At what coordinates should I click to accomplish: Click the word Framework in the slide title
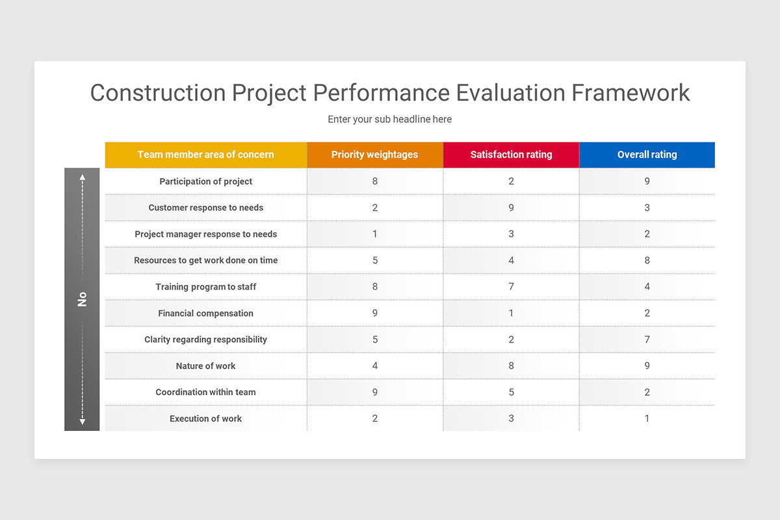click(630, 93)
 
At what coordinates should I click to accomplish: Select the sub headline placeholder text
click(389, 119)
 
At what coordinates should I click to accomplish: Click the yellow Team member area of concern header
click(205, 155)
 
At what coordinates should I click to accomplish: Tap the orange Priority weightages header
click(374, 155)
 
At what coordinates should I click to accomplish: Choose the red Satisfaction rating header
click(511, 155)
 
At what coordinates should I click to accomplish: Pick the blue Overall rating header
click(647, 155)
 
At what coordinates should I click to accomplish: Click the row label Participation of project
click(205, 181)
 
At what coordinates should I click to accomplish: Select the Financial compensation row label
click(205, 313)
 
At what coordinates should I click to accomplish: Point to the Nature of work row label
click(205, 366)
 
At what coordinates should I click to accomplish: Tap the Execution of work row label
click(205, 419)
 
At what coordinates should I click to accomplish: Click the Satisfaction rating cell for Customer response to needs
click(511, 208)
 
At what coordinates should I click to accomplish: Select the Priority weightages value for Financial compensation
click(374, 313)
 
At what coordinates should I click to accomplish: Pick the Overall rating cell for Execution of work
click(647, 419)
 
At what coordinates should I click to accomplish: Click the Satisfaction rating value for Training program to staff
click(511, 287)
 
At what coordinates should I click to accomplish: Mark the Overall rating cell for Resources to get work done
click(647, 260)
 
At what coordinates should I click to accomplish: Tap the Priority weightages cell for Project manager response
click(374, 234)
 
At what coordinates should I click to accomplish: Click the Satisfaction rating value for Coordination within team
click(511, 392)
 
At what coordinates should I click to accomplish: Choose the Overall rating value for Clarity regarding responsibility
click(647, 339)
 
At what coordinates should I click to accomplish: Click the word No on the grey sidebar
click(82, 299)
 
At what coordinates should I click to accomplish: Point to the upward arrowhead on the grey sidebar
click(82, 176)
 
